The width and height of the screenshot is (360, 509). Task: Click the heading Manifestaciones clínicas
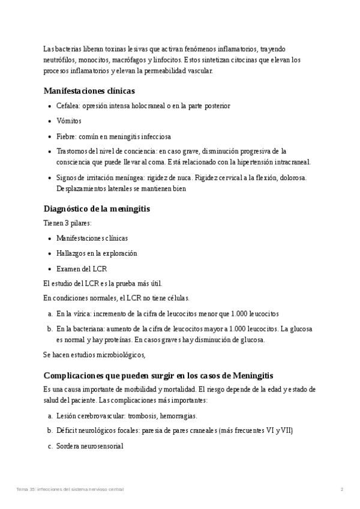[89, 91]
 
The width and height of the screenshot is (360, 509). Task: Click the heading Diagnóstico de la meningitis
[97, 209]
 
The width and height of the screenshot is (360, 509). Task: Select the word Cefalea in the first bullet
[67, 106]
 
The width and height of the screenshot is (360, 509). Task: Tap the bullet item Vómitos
[69, 121]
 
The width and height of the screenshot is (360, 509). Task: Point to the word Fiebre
[65, 136]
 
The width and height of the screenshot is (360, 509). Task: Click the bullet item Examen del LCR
[82, 268]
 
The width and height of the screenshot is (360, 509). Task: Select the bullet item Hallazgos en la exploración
[97, 253]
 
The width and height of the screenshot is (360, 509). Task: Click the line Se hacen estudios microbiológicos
[95, 355]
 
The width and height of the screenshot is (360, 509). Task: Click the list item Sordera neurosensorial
[89, 446]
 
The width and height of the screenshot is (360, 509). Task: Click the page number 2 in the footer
[341, 490]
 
